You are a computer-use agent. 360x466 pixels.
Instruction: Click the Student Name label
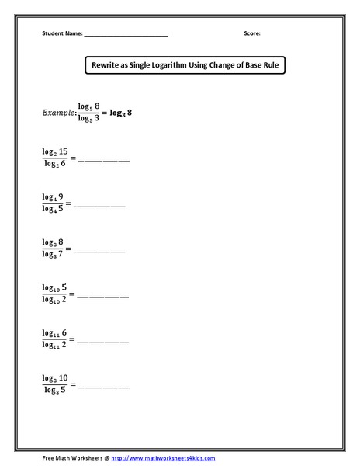pos(61,34)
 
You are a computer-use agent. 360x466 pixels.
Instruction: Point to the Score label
pos(252,34)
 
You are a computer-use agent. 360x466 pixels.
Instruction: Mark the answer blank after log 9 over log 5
pos(99,206)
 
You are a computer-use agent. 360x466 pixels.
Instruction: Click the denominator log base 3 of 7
pos(54,254)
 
